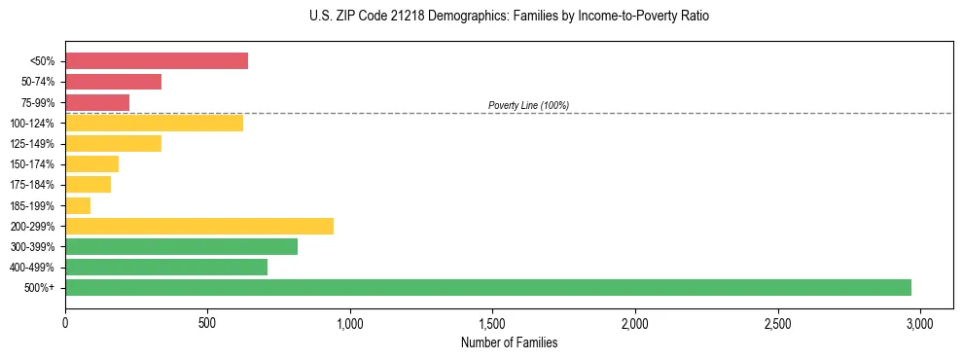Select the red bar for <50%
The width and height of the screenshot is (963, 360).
coord(157,61)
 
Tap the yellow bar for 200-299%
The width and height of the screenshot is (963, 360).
coord(199,226)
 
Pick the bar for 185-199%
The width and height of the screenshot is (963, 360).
coord(78,205)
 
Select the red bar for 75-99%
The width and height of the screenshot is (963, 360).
coord(97,102)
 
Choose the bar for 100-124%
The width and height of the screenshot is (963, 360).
coord(154,123)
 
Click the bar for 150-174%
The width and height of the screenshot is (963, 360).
coord(91,163)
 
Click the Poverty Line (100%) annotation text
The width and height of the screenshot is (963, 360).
coord(528,105)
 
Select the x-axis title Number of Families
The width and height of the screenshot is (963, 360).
coord(509,342)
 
